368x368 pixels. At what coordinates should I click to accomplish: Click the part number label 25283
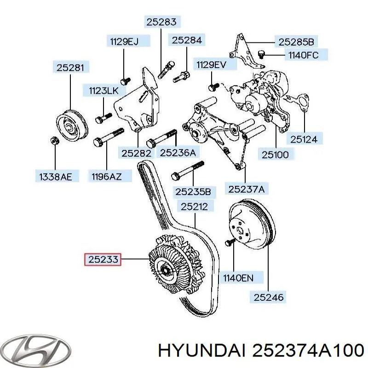coord(161,21)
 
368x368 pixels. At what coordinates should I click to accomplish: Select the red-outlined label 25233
coord(102,260)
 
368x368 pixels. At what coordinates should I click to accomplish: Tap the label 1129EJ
coord(124,41)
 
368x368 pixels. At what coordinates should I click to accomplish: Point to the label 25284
coord(187,40)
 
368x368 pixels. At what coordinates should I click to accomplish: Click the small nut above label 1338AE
coord(54,140)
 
